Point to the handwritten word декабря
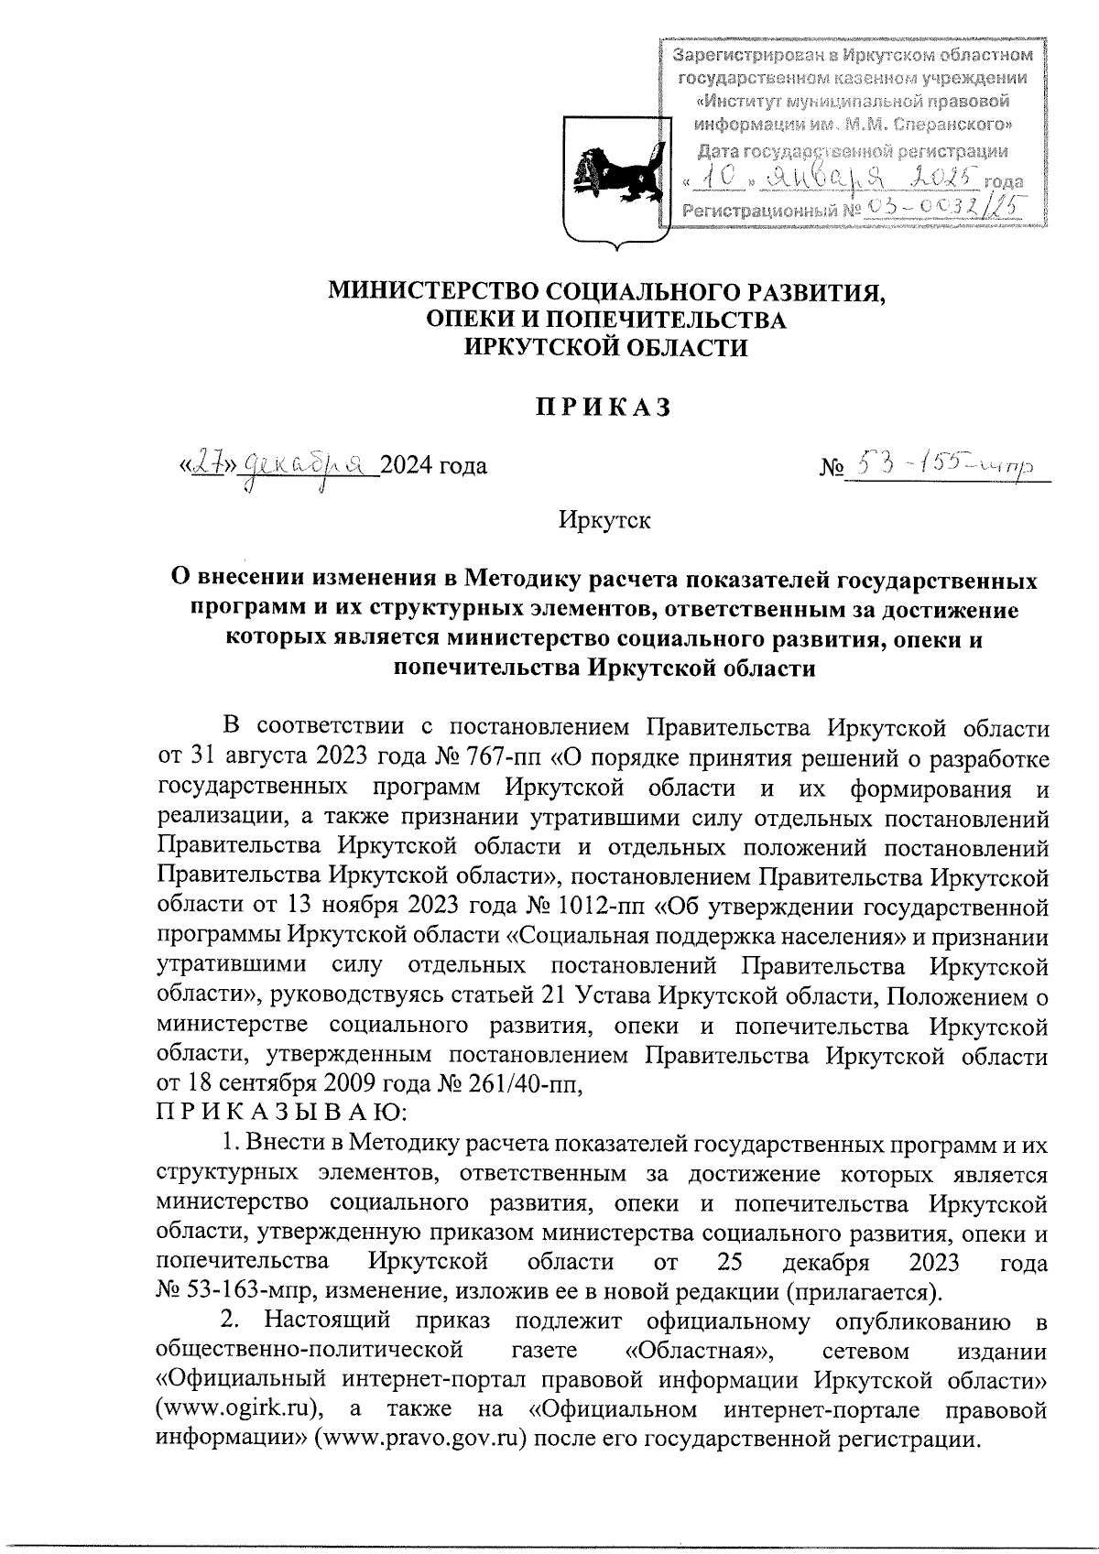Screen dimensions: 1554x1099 click(x=307, y=465)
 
